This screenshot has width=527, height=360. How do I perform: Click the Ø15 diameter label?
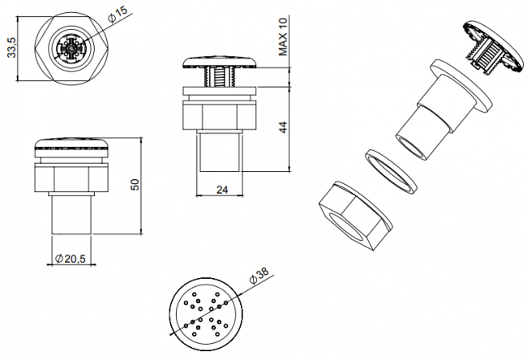coord(118,14)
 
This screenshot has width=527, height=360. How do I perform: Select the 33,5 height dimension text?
coord(12,47)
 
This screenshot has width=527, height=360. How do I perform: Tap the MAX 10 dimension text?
coord(283,36)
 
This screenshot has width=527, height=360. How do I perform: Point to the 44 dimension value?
coord(283,127)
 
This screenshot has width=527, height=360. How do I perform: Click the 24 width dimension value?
coord(222,190)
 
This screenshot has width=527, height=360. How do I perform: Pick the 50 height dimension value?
coord(135,185)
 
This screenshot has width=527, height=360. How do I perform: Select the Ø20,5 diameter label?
coord(71,259)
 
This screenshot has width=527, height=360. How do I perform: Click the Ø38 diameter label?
coord(259,276)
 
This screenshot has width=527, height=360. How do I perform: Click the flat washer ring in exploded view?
coord(391,171)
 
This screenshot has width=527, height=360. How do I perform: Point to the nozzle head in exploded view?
coord(494,47)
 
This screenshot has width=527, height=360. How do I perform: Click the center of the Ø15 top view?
coord(71,49)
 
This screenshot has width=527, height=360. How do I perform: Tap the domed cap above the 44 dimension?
coord(221,62)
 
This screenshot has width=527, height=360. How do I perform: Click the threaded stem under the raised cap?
coord(221,77)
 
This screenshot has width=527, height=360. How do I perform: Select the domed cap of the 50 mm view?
coord(71,148)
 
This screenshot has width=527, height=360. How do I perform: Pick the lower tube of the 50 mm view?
coord(71,215)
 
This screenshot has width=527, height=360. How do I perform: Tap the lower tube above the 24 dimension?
coord(221,152)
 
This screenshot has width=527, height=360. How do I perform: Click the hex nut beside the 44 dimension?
coord(221,115)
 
